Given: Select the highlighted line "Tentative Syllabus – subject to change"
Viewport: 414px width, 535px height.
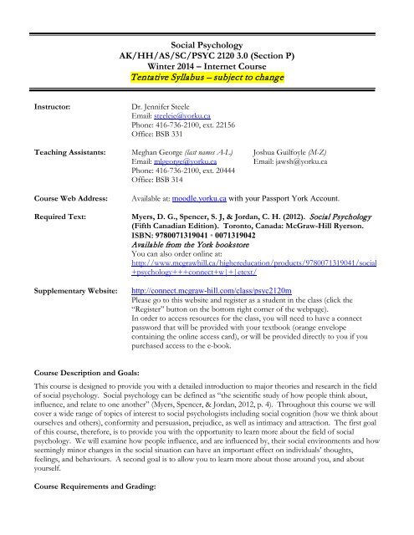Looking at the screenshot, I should pyautogui.click(x=206, y=78).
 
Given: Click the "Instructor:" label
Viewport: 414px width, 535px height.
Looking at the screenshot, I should pyautogui.click(x=51, y=108).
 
